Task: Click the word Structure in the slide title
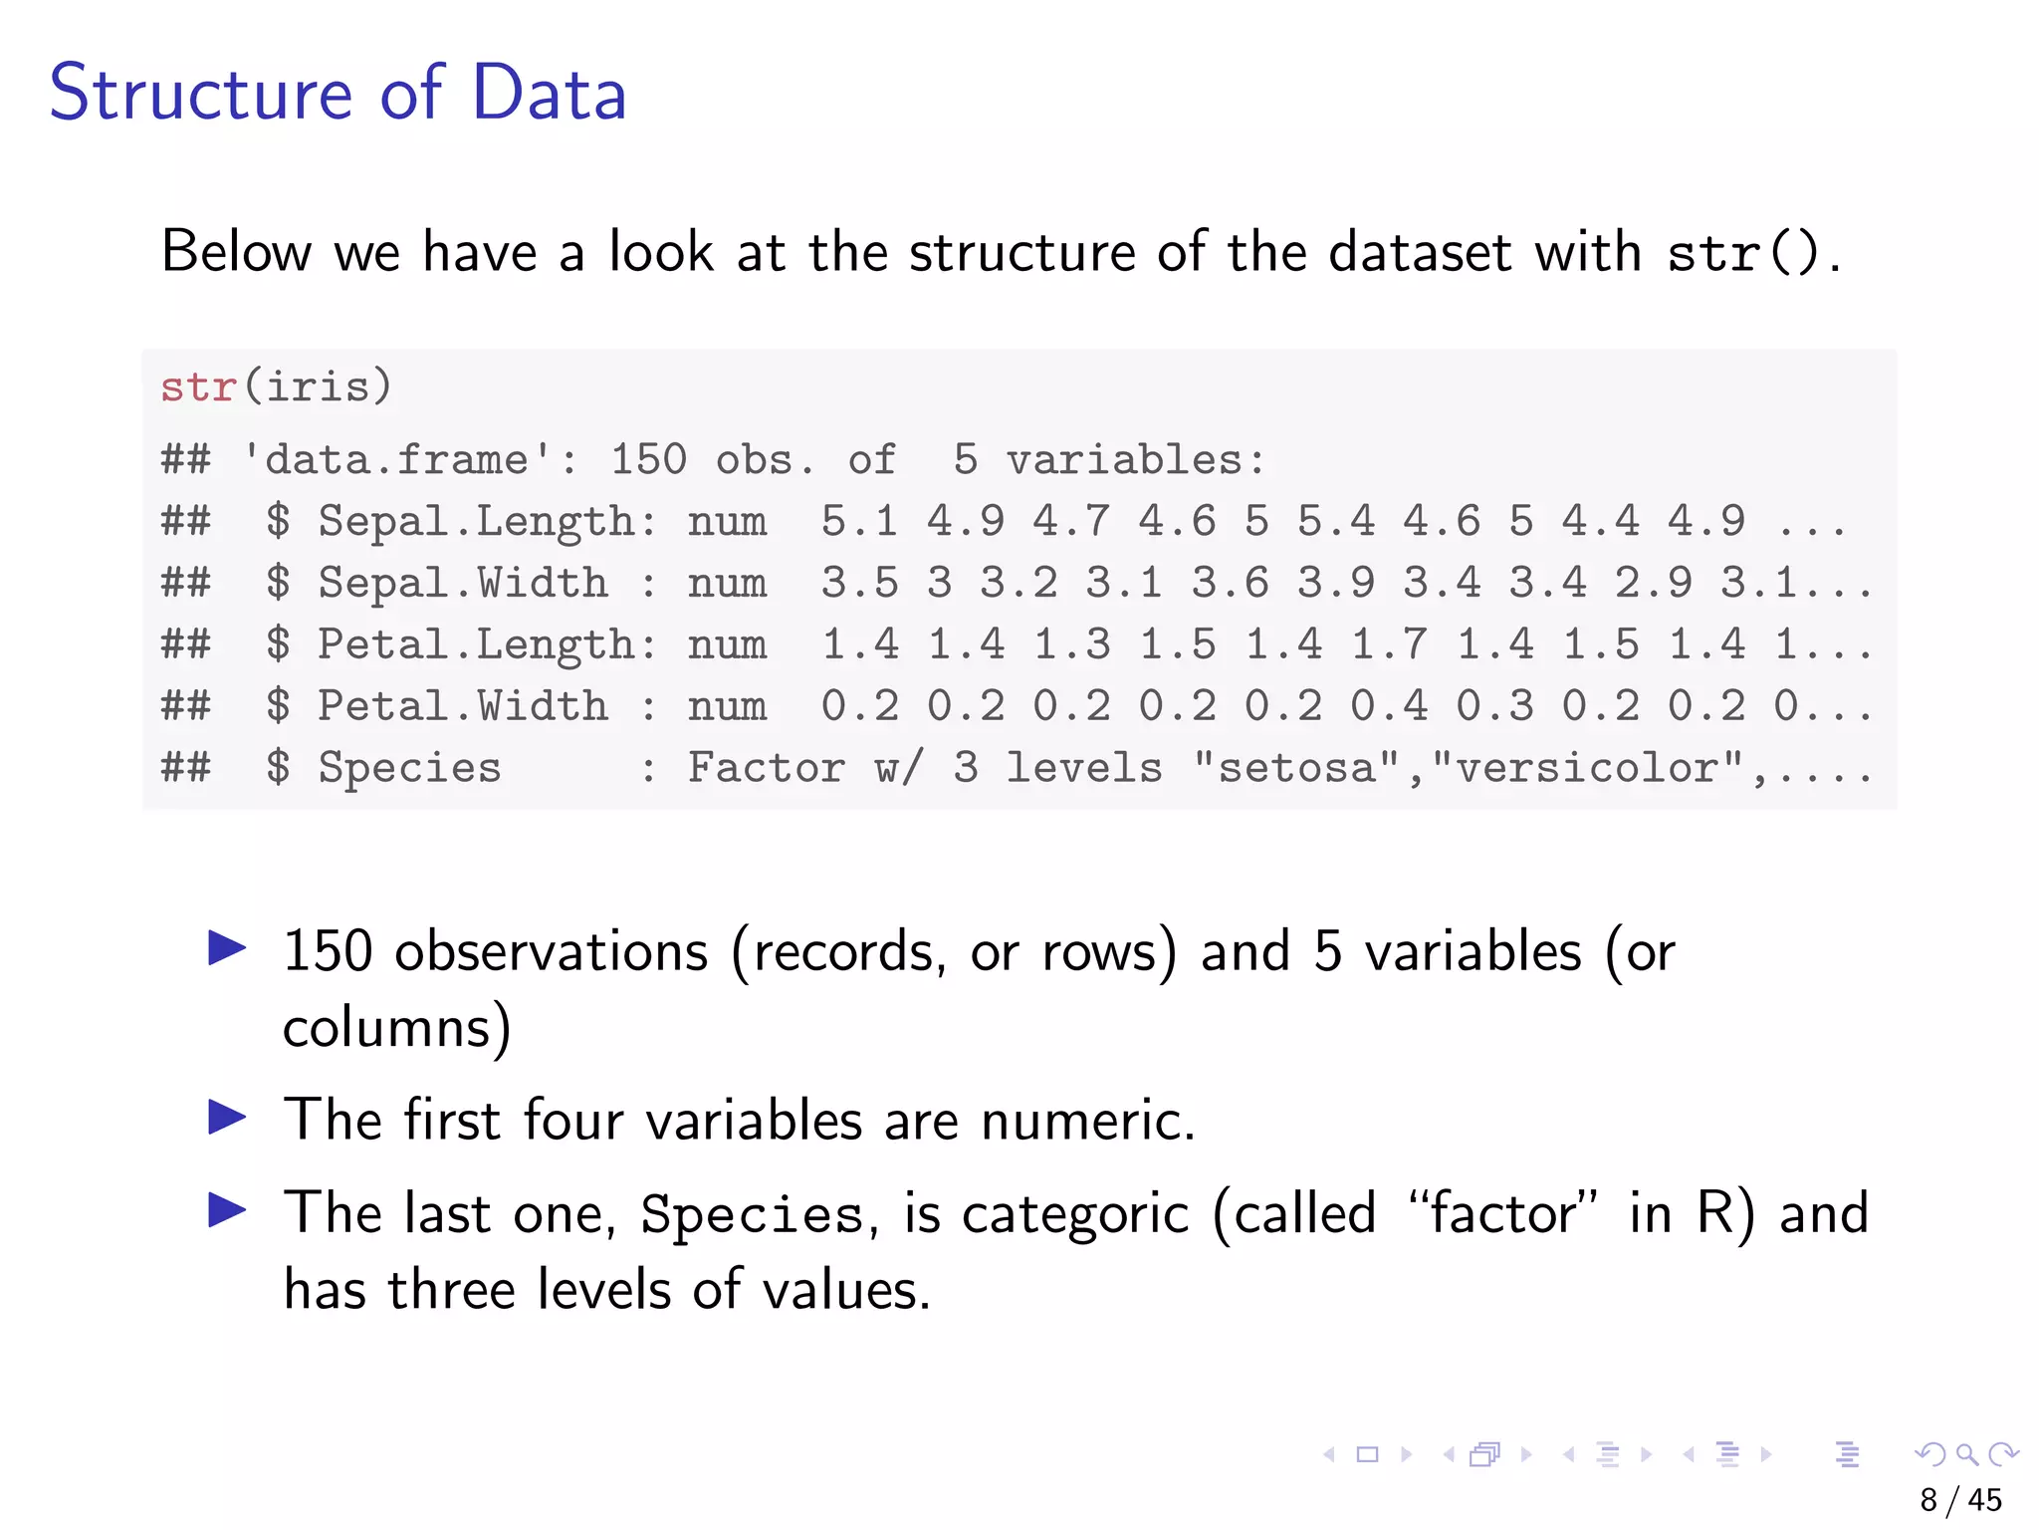(200, 93)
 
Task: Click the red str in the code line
(198, 386)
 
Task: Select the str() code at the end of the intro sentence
(1742, 253)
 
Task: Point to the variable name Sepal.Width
(462, 584)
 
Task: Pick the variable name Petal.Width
(462, 707)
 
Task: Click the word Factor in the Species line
(766, 769)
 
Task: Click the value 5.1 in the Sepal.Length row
(859, 522)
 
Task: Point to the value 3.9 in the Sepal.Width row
(1335, 584)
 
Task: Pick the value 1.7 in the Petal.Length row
(1388, 645)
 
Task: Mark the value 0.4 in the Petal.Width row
(1388, 707)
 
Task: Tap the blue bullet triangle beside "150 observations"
(227, 947)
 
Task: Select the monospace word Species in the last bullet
(752, 1215)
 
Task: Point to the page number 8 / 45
(1960, 1500)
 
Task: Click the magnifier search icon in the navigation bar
(1966, 1454)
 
